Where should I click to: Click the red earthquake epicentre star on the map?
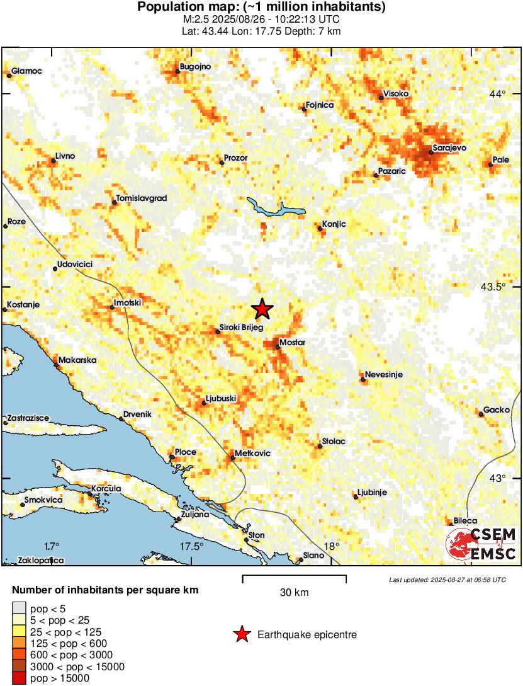point(262,309)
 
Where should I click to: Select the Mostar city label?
point(293,342)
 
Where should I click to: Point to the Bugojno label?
point(195,66)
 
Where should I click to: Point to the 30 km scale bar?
point(294,576)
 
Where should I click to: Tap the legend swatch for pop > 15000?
point(19,678)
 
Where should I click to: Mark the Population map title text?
point(261,8)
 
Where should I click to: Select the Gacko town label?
point(497,410)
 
